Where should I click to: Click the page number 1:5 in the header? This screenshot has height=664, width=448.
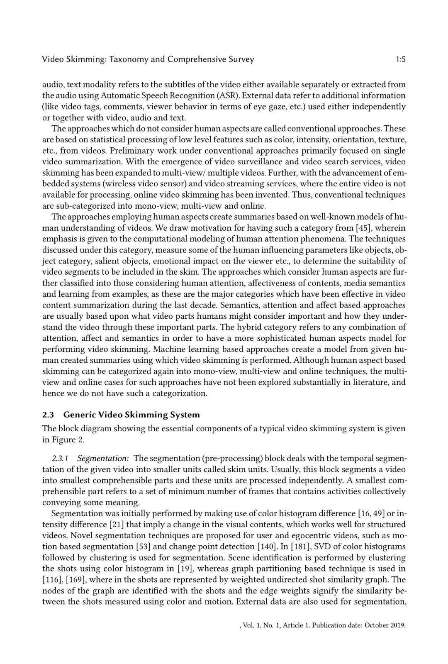[x=400, y=59]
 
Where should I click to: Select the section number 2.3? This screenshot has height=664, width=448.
[x=48, y=415]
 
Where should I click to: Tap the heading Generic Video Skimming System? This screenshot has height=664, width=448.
[x=131, y=415]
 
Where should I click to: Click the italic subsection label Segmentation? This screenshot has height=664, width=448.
[x=103, y=459]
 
